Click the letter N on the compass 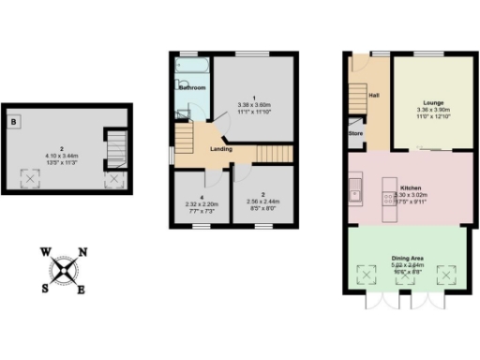(x=82, y=252)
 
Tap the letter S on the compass (x=44, y=288)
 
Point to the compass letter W (x=45, y=251)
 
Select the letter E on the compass (x=82, y=289)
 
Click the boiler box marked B (x=15, y=122)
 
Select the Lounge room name (x=432, y=101)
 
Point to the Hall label (x=374, y=95)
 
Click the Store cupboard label (x=356, y=134)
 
